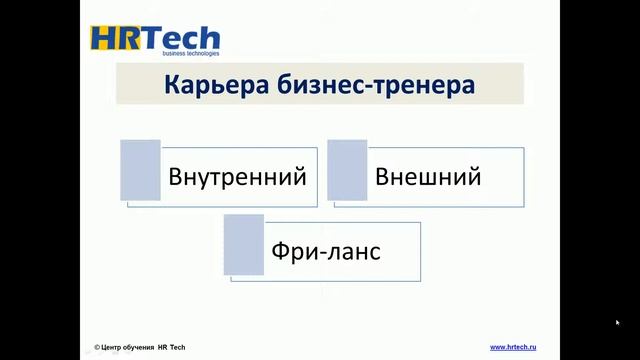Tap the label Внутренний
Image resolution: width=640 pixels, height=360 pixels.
237,178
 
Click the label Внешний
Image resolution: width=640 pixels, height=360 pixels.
428,178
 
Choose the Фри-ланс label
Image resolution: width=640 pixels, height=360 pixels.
325,250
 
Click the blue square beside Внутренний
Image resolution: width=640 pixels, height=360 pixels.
140,169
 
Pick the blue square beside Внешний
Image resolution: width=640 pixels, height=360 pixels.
347,169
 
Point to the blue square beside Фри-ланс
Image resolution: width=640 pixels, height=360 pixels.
243,243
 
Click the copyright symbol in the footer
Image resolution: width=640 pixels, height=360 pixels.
97,347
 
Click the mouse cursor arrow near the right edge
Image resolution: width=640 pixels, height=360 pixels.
617,323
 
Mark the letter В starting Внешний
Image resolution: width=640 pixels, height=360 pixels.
382,178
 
